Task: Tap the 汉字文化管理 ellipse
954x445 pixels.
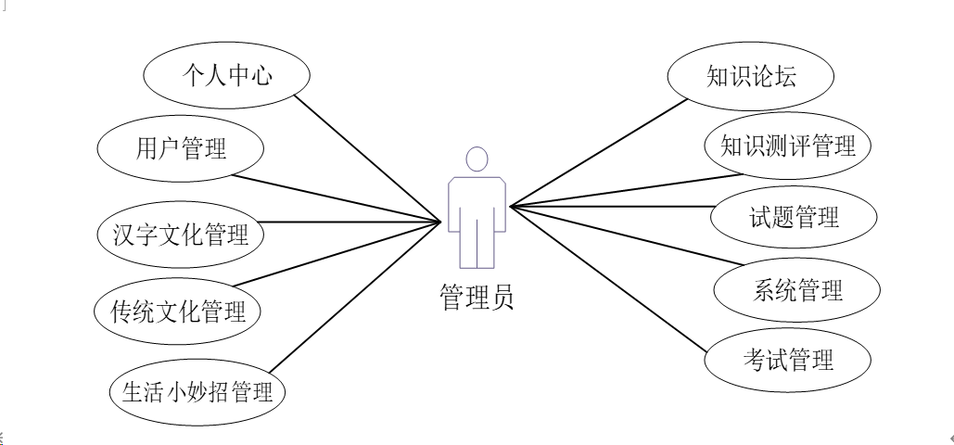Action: coord(180,234)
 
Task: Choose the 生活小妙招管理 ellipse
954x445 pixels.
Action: coord(197,390)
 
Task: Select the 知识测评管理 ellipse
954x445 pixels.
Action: coord(787,146)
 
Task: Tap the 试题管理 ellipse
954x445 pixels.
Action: coord(794,218)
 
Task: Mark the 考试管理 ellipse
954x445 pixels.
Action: coord(787,359)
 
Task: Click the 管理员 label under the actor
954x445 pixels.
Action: coord(476,296)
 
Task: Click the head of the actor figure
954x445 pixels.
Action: coord(476,159)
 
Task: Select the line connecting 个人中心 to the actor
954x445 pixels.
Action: coord(366,156)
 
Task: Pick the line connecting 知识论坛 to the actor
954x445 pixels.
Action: coord(598,151)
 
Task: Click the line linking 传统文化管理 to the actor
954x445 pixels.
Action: coord(338,252)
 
